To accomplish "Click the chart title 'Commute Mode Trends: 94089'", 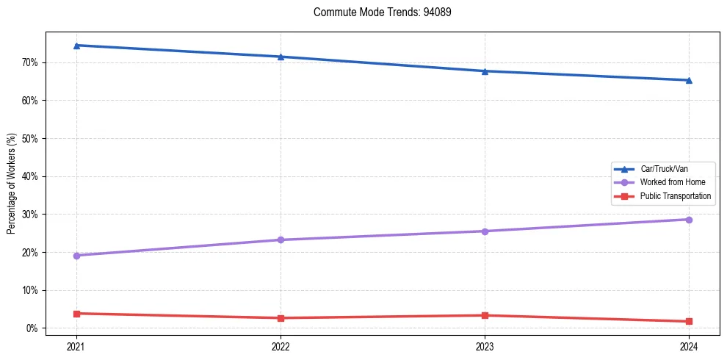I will tap(377, 12).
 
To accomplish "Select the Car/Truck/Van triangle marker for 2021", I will tap(76, 46).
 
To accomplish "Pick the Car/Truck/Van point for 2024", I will tap(689, 80).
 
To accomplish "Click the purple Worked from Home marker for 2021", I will tap(76, 256).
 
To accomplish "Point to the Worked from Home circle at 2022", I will tap(281, 240).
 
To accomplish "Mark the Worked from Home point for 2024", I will tap(689, 220).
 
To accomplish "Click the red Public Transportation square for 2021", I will tap(76, 314).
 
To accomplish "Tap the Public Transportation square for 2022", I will tap(281, 318).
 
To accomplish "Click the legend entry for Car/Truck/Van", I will tap(664, 169).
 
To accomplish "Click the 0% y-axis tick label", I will tap(32, 328).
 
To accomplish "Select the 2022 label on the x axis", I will tap(281, 347).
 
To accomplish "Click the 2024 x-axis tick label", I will tap(689, 347).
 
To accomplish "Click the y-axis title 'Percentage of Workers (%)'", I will tap(11, 184).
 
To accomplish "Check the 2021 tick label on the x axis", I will tap(76, 347).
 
